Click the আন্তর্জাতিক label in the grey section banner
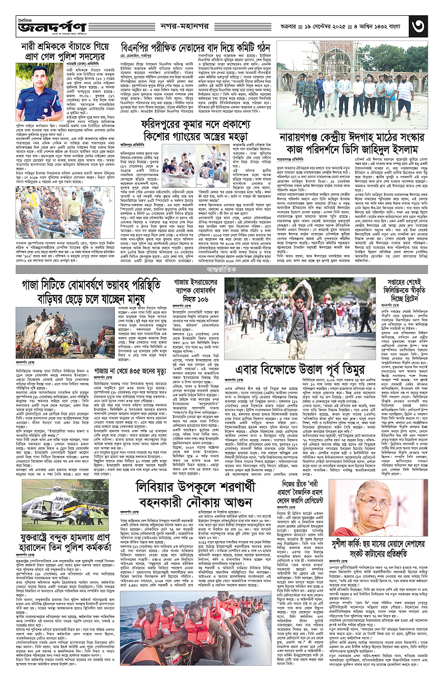point(221,265)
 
